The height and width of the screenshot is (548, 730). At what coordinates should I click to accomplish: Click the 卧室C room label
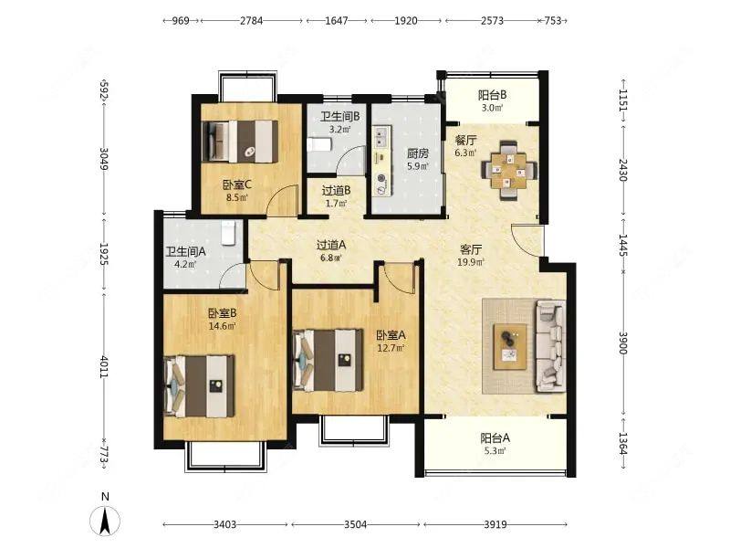pos(237,185)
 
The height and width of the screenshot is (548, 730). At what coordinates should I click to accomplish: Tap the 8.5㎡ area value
pos(237,197)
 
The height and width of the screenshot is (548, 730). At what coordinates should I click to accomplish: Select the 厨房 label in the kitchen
pos(418,153)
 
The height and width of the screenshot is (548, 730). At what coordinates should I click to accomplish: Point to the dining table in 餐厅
pos(509,171)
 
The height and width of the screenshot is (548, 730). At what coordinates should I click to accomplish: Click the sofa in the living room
pos(551,346)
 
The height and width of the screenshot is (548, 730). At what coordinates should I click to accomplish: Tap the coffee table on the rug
pos(510,347)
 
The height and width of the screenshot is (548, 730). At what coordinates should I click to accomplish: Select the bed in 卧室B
pos(199,386)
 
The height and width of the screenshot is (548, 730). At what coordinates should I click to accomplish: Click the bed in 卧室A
pos(328,359)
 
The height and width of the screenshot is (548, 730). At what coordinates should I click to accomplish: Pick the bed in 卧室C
pos(240,142)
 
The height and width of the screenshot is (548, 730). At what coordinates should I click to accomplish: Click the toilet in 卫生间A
pos(228,233)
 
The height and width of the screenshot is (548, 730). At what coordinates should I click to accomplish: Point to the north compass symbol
pos(105,516)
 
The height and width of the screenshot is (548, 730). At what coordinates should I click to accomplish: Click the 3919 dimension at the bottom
pos(495,524)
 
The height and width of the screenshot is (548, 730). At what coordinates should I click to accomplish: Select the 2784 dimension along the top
pos(252,20)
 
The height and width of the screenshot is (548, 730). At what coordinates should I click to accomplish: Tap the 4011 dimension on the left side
pos(104,367)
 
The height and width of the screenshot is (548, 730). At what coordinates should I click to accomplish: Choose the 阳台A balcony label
pos(495,438)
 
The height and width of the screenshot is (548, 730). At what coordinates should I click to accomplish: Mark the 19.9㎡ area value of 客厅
pos(471,262)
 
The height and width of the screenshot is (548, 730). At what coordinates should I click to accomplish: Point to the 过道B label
pos(336,191)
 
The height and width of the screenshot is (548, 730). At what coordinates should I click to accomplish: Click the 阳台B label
pos(493,95)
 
